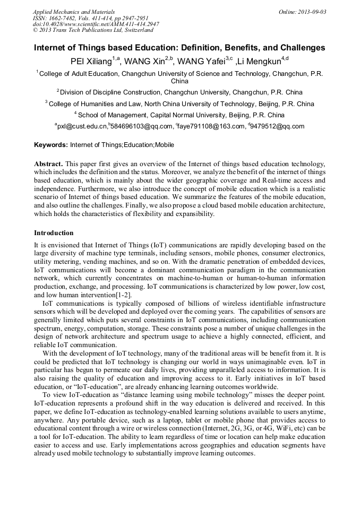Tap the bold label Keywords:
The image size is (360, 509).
point(51,144)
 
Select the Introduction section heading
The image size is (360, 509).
point(54,232)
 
